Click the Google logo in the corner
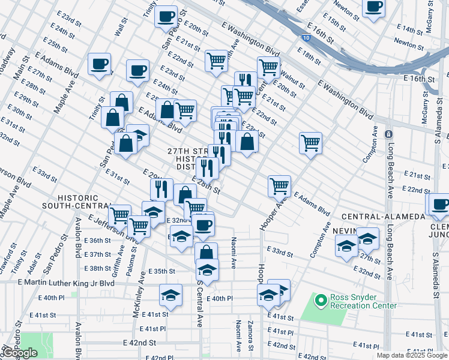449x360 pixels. (x=20, y=353)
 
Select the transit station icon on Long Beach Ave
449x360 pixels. (x=388, y=133)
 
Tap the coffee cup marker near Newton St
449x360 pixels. (x=373, y=8)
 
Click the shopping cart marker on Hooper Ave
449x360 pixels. (x=279, y=186)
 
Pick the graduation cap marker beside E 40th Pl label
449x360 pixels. (x=170, y=295)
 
